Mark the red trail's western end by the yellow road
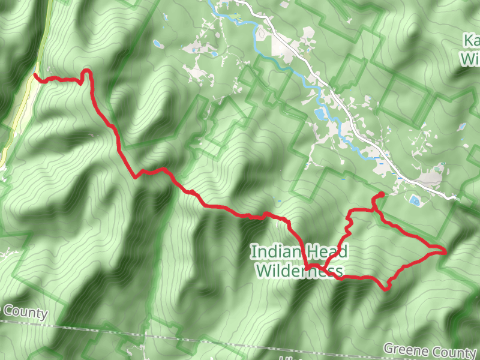pyautogui.click(x=35, y=75)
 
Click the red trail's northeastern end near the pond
pyautogui.click(x=382, y=194)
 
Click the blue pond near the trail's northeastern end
pyautogui.click(x=414, y=200)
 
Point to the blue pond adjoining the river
pyautogui.click(x=320, y=113)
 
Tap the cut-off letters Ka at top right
pyautogui.click(x=472, y=41)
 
